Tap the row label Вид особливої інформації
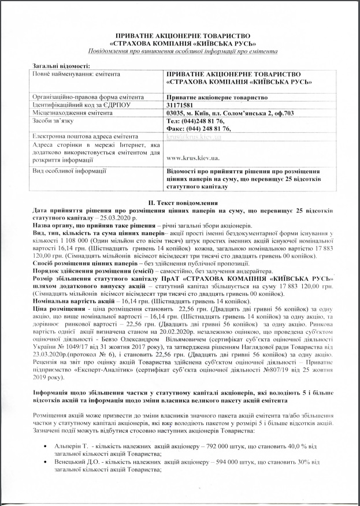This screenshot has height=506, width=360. pos(69,171)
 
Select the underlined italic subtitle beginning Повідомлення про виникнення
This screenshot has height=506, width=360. pos(179,51)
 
